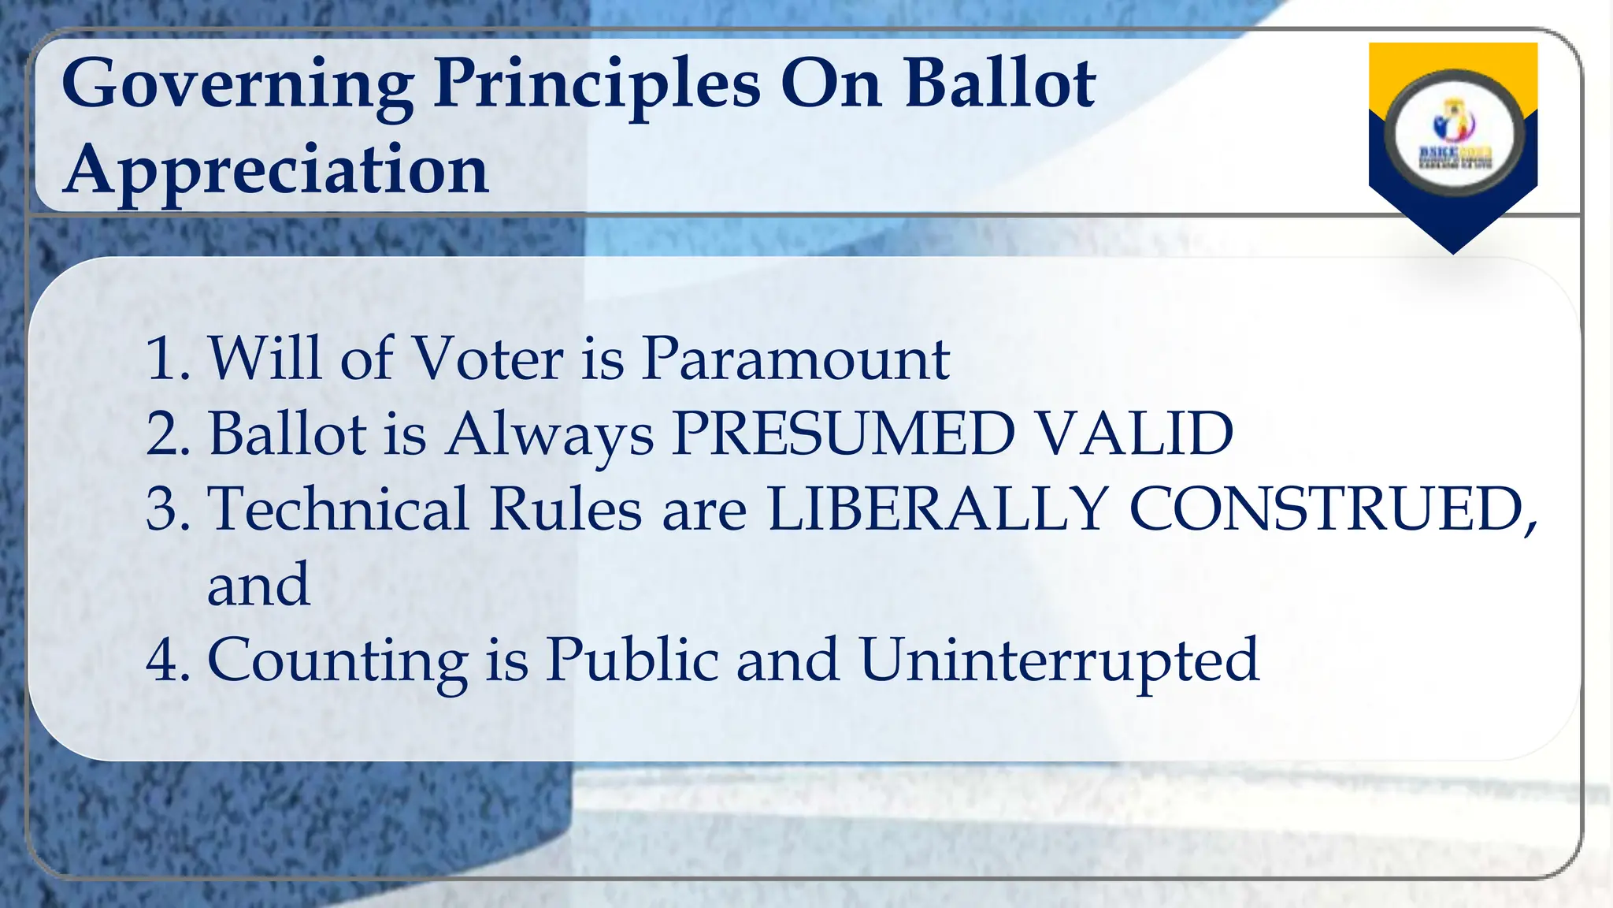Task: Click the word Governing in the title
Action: tap(237, 85)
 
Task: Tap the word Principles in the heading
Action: tap(597, 85)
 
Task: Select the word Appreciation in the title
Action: tap(276, 170)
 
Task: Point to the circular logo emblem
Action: tap(1454, 135)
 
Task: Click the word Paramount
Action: tap(795, 359)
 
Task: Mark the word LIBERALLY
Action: tap(937, 509)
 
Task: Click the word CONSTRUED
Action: tap(1331, 509)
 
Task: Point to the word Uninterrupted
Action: tap(1059, 661)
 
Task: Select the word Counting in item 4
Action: tap(337, 661)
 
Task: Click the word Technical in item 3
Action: tap(339, 509)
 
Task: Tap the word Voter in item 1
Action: tap(488, 359)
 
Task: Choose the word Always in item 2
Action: tap(549, 435)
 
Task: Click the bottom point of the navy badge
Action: tap(1453, 251)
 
